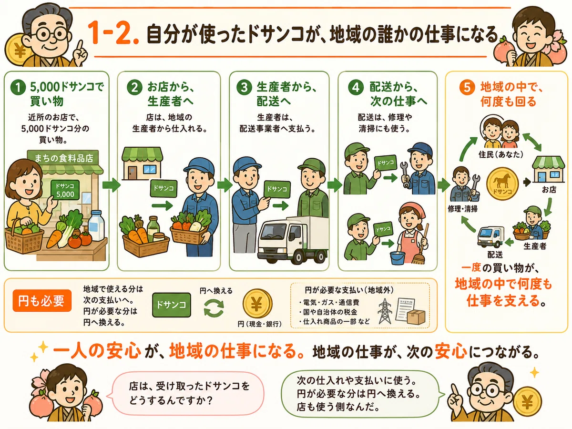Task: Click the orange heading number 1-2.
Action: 113,33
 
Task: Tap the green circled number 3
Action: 244,87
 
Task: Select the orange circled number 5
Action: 467,87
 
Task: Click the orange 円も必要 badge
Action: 42,301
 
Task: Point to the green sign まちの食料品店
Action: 63,158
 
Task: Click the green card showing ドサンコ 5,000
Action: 65,190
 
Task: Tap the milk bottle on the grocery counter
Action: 96,225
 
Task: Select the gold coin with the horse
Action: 502,184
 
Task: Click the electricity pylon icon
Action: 385,311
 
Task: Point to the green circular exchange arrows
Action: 214,307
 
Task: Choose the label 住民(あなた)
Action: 500,154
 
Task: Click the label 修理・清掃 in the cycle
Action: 462,209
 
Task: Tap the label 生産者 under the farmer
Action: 535,246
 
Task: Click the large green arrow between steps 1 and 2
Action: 111,185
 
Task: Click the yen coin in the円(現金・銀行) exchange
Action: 257,304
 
